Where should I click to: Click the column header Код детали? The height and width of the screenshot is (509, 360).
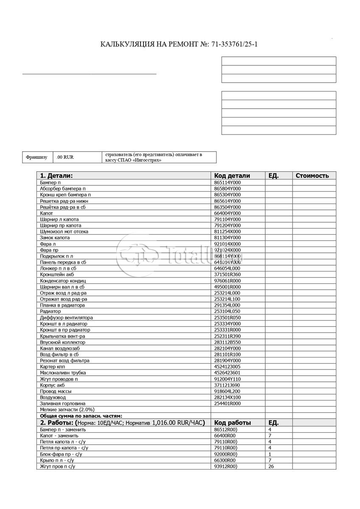coord(232,176)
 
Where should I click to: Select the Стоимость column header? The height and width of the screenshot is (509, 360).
coord(312,176)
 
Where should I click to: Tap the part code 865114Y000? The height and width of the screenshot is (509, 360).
coord(227,182)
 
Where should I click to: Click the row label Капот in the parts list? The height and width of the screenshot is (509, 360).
coord(46,213)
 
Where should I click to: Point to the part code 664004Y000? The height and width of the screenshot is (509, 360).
coord(227,213)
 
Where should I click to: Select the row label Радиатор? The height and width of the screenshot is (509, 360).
coord(51,311)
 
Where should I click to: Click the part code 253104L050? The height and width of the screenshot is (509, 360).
coord(227,311)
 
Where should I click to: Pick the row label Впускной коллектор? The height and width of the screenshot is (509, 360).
coord(62,342)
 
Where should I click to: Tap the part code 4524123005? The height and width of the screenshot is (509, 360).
coord(227,367)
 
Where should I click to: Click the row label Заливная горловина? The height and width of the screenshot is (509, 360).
coord(62,404)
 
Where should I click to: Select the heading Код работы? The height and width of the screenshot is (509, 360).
coord(233,423)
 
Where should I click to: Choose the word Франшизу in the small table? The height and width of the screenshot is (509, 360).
coord(37,157)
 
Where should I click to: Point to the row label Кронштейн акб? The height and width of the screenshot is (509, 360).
coord(57,274)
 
